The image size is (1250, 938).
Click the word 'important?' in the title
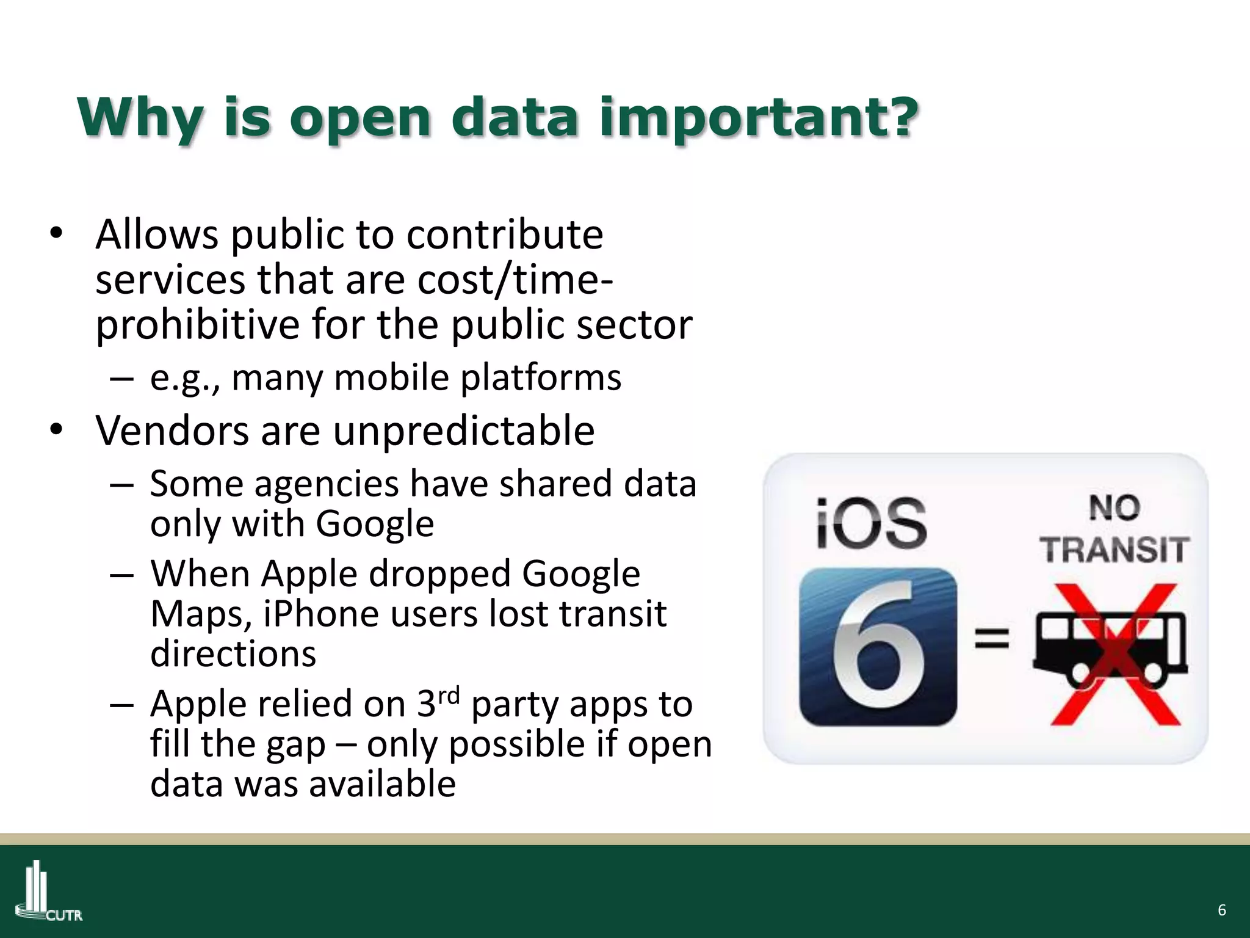pos(759,119)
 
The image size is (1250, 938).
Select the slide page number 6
pos(1221,910)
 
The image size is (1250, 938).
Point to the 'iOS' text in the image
pos(872,523)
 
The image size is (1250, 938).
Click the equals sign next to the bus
pos(991,639)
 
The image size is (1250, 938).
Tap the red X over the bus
pos(1115,653)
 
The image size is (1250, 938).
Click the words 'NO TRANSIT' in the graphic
pos(1115,530)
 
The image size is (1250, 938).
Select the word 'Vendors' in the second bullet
pos(172,431)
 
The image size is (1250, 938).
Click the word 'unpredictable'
pos(464,431)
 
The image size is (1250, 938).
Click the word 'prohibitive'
pos(197,325)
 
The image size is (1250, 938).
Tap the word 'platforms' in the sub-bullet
pos(541,378)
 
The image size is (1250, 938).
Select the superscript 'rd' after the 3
pos(449,696)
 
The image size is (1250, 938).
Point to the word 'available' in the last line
pos(382,784)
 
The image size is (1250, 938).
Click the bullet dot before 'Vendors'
pos(57,429)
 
